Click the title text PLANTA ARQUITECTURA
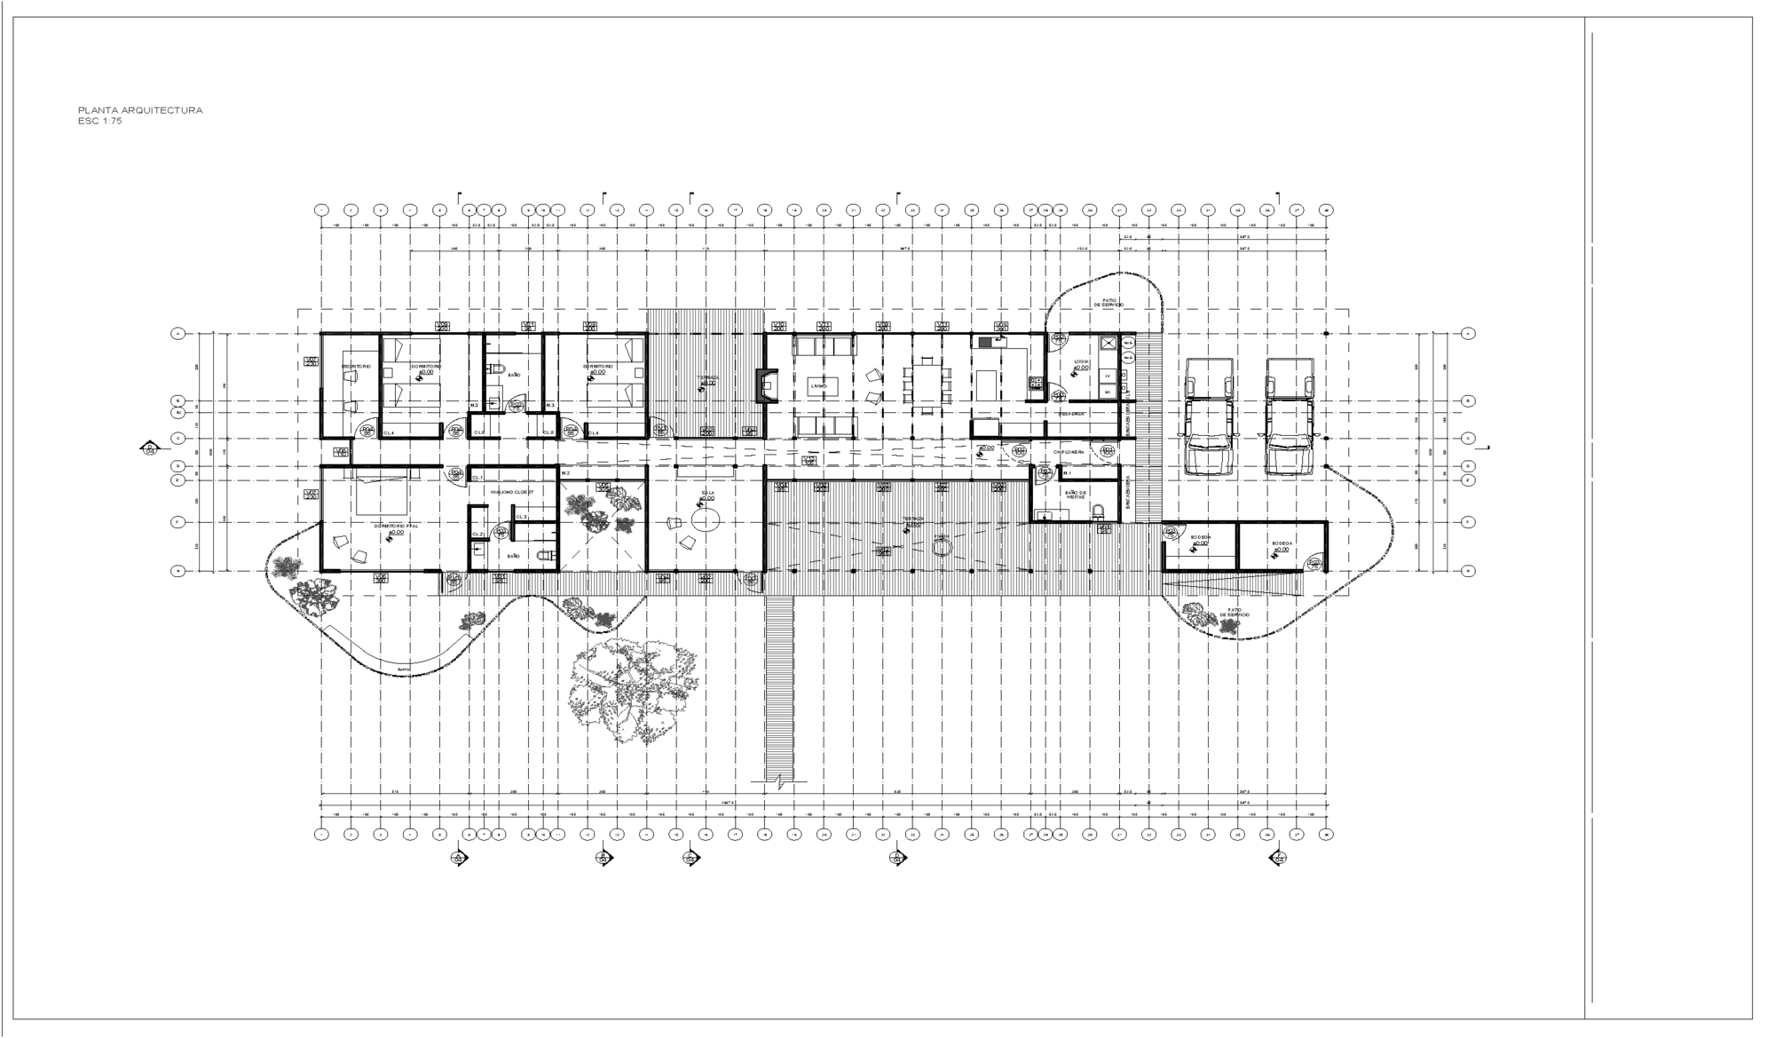click(x=140, y=110)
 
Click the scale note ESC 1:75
click(x=100, y=121)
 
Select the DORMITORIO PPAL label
click(x=390, y=526)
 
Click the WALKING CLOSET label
click(x=512, y=491)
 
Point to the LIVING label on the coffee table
click(x=818, y=386)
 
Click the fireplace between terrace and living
click(x=762, y=386)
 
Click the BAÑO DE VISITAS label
click(x=1075, y=495)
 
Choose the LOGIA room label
click(x=1081, y=362)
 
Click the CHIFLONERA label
click(x=1069, y=452)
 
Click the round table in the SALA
click(x=706, y=520)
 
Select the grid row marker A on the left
click(x=177, y=334)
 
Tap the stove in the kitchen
click(x=1035, y=383)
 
